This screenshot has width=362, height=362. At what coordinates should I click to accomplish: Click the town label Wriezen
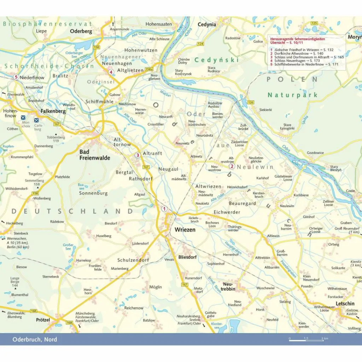(185, 229)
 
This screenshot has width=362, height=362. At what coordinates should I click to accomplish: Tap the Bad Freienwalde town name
(94, 155)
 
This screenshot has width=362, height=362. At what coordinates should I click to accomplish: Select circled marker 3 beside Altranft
(138, 155)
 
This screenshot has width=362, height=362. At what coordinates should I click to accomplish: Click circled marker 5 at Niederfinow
(16, 77)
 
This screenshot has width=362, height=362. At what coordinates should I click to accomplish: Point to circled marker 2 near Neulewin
(232, 167)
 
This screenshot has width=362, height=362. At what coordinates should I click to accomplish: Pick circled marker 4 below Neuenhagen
(111, 72)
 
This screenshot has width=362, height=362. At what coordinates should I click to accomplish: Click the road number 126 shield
(251, 103)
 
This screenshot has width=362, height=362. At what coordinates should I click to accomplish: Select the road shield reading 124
(200, 44)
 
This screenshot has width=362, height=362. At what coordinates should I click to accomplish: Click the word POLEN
(292, 80)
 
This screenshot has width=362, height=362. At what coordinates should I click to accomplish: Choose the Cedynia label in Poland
(207, 24)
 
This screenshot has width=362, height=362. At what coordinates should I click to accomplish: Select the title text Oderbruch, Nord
(35, 339)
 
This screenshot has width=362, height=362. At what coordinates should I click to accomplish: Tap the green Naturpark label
(292, 95)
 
